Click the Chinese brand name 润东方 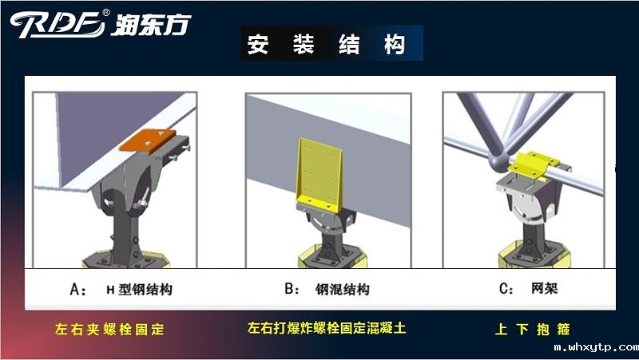tap(152, 24)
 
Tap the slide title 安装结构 tap(325, 44)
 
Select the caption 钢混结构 tap(343, 291)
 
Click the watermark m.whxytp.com tap(595, 348)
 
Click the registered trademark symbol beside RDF tap(107, 14)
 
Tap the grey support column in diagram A tap(127, 231)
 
